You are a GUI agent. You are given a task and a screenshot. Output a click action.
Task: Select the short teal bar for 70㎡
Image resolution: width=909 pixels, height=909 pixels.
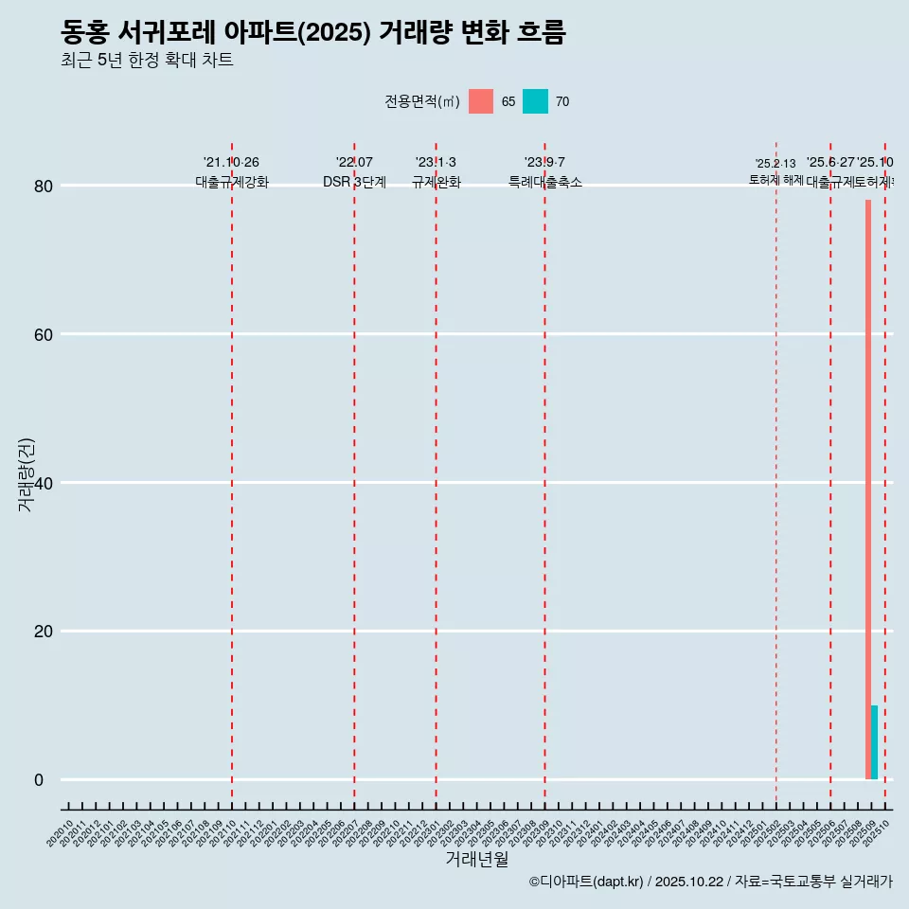pos(875,742)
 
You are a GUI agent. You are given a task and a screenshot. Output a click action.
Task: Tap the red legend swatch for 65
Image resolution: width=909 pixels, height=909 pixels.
pos(481,101)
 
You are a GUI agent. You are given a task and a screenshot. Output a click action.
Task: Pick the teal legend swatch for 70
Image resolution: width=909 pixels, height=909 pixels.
pos(535,101)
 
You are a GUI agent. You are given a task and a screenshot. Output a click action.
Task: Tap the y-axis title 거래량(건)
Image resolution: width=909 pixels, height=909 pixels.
pos(26,474)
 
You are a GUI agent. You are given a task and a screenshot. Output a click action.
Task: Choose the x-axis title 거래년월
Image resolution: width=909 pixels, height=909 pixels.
pos(476,860)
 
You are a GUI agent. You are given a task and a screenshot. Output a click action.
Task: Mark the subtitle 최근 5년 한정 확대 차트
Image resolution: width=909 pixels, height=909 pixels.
pos(147,61)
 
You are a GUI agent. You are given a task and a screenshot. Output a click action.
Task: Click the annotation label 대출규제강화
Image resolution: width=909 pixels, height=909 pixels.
pos(232,182)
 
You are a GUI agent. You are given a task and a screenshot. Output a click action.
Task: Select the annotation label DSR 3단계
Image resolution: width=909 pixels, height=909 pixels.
pos(354,182)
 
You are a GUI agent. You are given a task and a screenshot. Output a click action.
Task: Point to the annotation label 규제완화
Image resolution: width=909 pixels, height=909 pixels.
pos(436,182)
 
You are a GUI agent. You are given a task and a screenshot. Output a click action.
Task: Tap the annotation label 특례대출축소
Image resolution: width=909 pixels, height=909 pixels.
pos(544,182)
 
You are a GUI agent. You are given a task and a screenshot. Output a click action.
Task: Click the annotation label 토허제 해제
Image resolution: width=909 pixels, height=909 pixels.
pos(775,179)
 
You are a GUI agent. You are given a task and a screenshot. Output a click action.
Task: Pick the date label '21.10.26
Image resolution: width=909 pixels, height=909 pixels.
pos(231,163)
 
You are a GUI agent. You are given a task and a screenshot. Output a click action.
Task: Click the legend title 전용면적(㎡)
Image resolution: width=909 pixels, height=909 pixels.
pos(422,101)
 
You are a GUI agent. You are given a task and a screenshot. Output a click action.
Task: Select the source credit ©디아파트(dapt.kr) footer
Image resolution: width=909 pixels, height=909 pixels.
pos(710,882)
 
